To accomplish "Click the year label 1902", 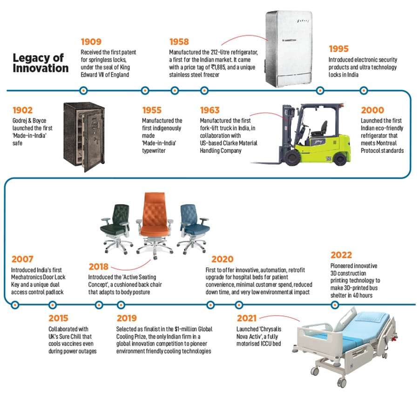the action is pyautogui.click(x=22, y=110).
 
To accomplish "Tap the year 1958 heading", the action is pyautogui.click(x=179, y=42).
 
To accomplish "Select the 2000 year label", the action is pyautogui.click(x=372, y=110).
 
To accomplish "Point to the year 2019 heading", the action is pyautogui.click(x=127, y=318).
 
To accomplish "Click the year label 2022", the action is pyautogui.click(x=341, y=255).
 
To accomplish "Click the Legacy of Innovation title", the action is pyautogui.click(x=41, y=63).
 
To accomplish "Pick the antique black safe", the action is pyautogui.click(x=84, y=137).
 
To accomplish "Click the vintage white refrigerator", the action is pyautogui.click(x=289, y=48).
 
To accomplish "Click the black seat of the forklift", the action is pyautogui.click(x=320, y=129).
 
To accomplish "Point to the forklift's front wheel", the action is pyautogui.click(x=292, y=157).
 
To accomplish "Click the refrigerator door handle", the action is pyautogui.click(x=289, y=40).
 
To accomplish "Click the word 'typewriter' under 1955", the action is pyautogui.click(x=154, y=151).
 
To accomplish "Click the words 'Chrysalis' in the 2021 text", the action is pyautogui.click(x=270, y=329).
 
